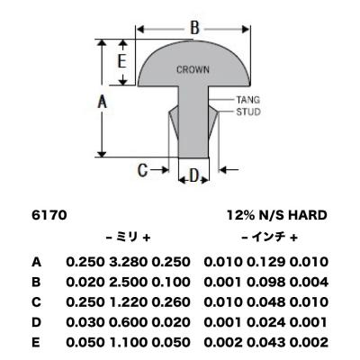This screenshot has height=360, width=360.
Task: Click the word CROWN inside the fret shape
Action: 193,69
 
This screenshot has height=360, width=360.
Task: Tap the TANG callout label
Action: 247,100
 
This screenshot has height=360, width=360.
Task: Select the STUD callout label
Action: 248,112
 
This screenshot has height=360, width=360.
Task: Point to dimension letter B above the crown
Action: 194,28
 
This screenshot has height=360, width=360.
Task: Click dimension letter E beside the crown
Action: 121,62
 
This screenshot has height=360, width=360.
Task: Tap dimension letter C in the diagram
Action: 142,170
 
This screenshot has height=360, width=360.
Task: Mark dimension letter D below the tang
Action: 194,176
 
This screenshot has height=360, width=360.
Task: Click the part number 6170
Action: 49,215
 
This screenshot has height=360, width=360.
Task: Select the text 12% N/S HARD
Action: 276,215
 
